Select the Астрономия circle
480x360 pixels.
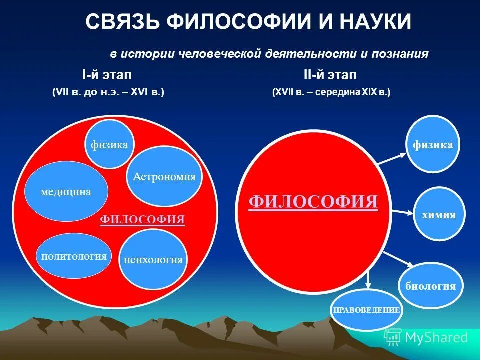[164, 176]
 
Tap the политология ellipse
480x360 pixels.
[74, 256]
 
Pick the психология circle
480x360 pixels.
[154, 259]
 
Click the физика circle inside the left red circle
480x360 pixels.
[109, 145]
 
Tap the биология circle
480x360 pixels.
[430, 286]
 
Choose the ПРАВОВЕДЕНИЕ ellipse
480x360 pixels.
[367, 309]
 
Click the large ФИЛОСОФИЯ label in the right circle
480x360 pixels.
[313, 202]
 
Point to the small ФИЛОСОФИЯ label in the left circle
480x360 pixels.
[143, 219]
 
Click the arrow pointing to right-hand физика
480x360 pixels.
[392, 159]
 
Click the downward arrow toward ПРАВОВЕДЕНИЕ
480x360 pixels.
[369, 279]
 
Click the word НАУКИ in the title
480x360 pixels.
[375, 22]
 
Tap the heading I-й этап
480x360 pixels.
[107, 75]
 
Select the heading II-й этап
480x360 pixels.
[330, 75]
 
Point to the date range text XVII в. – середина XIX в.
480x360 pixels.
[331, 92]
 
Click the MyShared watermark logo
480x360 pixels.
[426, 337]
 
